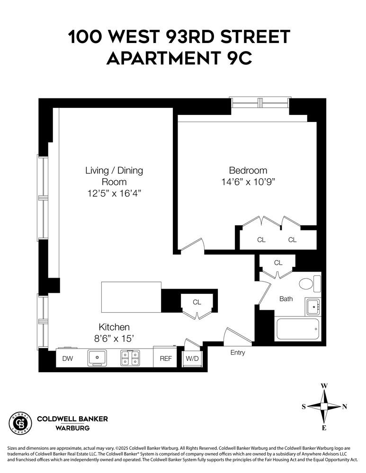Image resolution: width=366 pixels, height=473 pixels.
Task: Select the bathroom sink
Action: click(x=312, y=307)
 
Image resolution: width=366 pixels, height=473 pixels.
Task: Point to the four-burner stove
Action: click(x=130, y=358)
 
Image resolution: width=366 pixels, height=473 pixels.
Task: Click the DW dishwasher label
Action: click(x=68, y=359)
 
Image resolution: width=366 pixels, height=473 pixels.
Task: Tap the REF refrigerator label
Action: click(x=166, y=359)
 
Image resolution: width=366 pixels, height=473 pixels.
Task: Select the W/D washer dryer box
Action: click(x=192, y=359)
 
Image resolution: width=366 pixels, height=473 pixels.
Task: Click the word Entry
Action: click(x=238, y=352)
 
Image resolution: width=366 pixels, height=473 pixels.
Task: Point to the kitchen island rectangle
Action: click(x=131, y=297)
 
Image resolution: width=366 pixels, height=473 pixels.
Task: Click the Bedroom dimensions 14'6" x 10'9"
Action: click(x=248, y=182)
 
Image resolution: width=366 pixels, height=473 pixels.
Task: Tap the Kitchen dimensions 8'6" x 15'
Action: click(x=114, y=338)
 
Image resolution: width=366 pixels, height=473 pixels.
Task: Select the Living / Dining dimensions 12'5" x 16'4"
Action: click(x=114, y=193)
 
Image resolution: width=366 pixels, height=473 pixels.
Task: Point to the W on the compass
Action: click(x=324, y=385)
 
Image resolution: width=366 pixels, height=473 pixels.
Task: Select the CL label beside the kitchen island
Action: click(x=197, y=302)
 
